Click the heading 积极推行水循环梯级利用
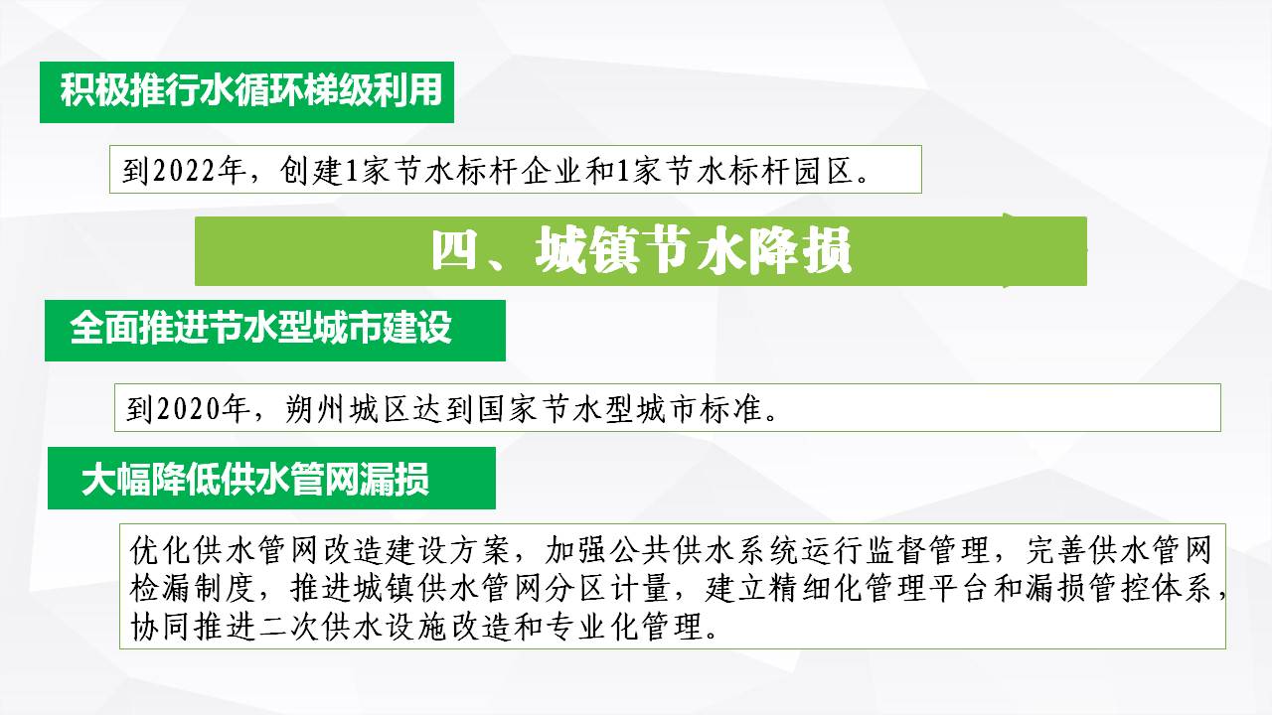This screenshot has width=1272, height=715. [251, 90]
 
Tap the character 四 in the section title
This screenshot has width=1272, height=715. [454, 250]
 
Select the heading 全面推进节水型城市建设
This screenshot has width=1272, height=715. [260, 328]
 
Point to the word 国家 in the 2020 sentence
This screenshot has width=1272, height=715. [507, 408]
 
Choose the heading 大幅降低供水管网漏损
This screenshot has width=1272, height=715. [255, 480]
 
